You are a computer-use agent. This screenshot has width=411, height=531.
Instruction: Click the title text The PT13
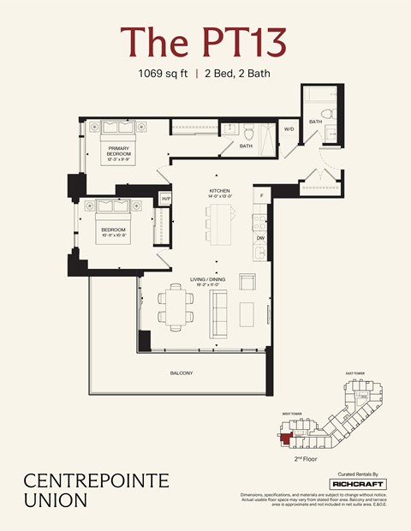tap(203, 42)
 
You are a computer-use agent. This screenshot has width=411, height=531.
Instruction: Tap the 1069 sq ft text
tap(164, 74)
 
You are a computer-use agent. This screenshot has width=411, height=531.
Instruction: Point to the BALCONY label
tap(181, 373)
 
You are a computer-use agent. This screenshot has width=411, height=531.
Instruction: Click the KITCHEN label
tap(220, 191)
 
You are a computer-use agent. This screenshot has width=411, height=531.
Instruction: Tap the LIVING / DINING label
tap(208, 279)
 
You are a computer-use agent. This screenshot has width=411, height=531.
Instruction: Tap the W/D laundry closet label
tap(289, 129)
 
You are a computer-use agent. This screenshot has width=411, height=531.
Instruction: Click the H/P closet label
tap(166, 199)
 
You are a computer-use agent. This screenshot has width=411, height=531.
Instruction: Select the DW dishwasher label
tap(260, 239)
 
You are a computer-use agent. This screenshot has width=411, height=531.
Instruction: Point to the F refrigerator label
tap(261, 196)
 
